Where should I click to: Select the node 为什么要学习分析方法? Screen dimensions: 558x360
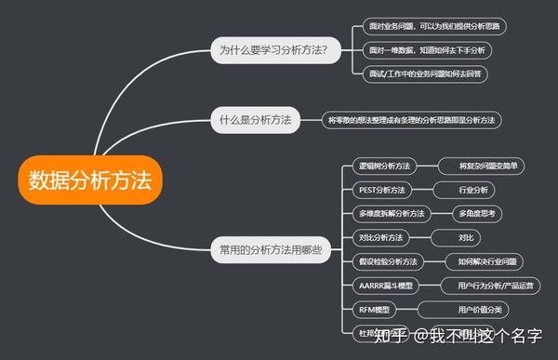pos(274,48)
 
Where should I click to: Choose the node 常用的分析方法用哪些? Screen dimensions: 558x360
pos(271,249)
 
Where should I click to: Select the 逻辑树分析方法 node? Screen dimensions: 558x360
pos(384,167)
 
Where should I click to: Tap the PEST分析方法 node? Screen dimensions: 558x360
pos(381,190)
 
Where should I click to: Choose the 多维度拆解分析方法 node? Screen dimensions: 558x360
pos(391,214)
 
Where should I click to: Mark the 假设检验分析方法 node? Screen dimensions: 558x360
pos(388,261)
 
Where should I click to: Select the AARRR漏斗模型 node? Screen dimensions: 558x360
pos(385,286)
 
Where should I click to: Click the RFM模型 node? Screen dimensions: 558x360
pos(374,309)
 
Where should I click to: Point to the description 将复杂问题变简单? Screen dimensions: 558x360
pos(485,167)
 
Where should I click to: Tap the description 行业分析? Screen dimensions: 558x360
pos(472,190)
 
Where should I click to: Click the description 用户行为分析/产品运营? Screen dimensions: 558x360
pos(488,286)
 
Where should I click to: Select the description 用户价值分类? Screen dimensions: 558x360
pos(479,309)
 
